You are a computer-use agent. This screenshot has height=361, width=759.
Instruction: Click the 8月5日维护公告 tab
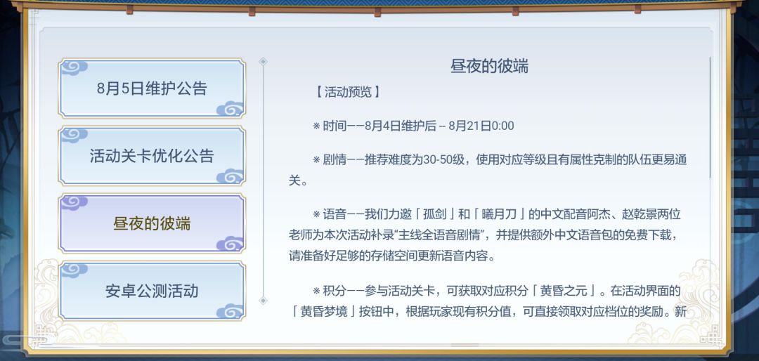pos(152,88)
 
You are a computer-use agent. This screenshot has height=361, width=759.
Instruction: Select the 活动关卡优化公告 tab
pos(152,156)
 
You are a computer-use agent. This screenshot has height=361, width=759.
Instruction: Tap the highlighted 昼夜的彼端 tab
pos(152,223)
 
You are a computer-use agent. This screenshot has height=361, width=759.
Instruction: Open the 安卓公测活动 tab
pos(152,291)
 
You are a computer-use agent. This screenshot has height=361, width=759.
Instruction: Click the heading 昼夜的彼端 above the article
pos(489,66)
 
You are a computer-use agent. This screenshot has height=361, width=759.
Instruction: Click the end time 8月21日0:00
pos(481,126)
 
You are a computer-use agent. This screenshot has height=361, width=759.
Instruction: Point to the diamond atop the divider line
pos(263,62)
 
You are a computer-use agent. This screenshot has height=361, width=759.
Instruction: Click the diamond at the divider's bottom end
pos(263,301)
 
